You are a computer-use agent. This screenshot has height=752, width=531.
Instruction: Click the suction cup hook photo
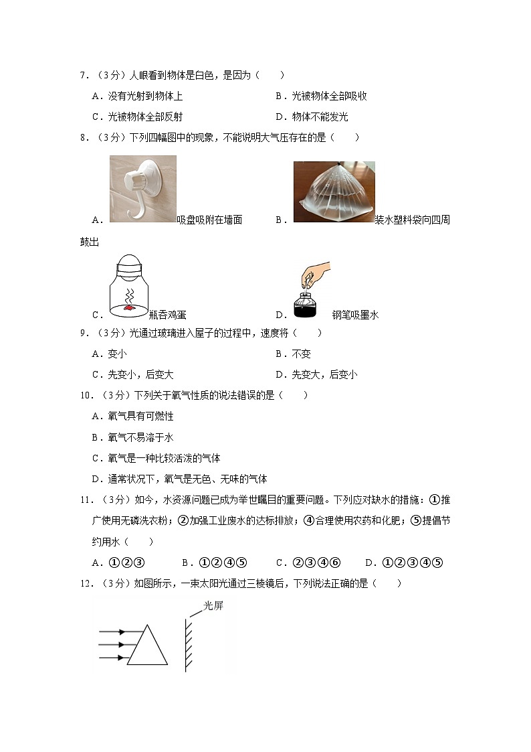click(x=142, y=188)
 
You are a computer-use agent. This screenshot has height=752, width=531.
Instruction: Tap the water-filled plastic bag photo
click(x=334, y=192)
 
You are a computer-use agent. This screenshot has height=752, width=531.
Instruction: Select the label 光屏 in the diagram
click(x=213, y=605)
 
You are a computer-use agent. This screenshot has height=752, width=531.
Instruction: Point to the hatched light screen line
click(x=189, y=643)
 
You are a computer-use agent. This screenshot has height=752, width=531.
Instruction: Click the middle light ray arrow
click(x=112, y=645)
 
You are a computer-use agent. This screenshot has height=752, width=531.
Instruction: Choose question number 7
click(x=85, y=76)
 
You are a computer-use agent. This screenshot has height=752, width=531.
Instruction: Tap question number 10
click(x=87, y=395)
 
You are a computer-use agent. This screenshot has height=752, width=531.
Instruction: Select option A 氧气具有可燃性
click(x=132, y=416)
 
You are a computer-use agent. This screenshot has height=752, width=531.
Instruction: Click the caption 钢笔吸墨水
click(x=355, y=314)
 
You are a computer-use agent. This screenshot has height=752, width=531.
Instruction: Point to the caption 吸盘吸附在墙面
click(x=209, y=220)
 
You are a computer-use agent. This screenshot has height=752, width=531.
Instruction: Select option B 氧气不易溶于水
click(x=132, y=437)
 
